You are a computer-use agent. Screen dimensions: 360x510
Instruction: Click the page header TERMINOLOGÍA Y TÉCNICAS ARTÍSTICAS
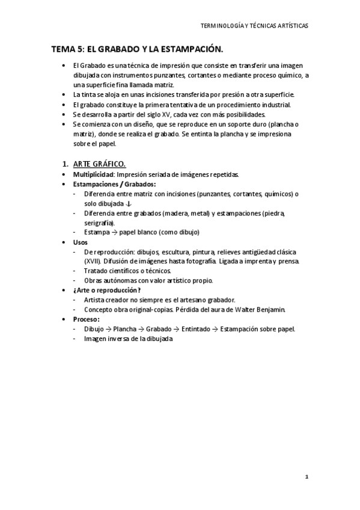[x=255, y=26]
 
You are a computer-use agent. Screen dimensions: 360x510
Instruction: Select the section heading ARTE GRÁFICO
[x=99, y=164]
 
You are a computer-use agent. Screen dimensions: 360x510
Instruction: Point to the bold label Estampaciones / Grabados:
[x=114, y=184]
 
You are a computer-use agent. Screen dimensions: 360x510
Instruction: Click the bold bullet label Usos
[x=81, y=242]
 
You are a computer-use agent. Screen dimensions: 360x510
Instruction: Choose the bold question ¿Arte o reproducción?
[x=107, y=290]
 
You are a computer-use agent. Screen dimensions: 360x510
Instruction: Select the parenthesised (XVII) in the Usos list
[x=94, y=261]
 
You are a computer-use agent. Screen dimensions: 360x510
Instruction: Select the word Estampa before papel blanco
[x=97, y=232]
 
